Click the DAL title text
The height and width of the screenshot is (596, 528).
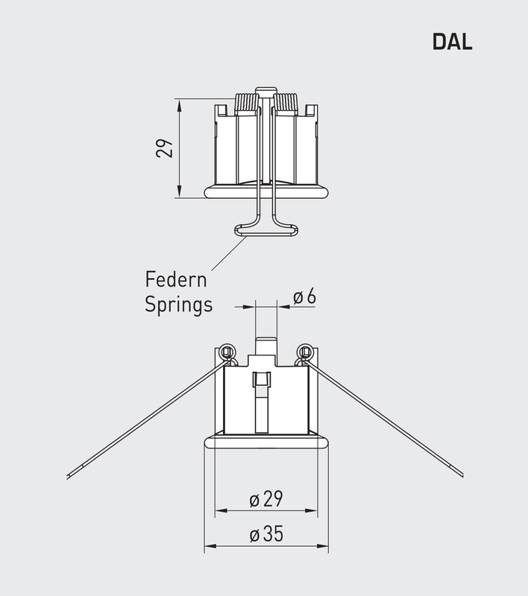(452, 42)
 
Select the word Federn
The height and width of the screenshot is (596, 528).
(175, 281)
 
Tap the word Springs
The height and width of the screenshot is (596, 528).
(178, 305)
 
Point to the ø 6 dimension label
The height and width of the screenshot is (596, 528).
(304, 297)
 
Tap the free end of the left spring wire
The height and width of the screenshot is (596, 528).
(69, 476)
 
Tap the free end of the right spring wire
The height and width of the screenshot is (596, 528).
(461, 474)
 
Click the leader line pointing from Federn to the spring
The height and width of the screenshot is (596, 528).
(228, 253)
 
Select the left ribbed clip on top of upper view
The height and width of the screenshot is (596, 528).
(247, 103)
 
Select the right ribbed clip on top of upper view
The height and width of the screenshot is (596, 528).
(286, 103)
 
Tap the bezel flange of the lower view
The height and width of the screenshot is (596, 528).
(266, 442)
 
